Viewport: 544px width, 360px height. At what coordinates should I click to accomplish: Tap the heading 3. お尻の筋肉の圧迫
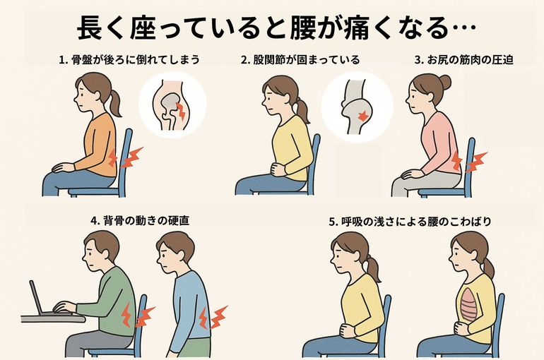[463, 60]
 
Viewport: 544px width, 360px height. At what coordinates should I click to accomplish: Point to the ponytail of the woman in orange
[114, 103]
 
